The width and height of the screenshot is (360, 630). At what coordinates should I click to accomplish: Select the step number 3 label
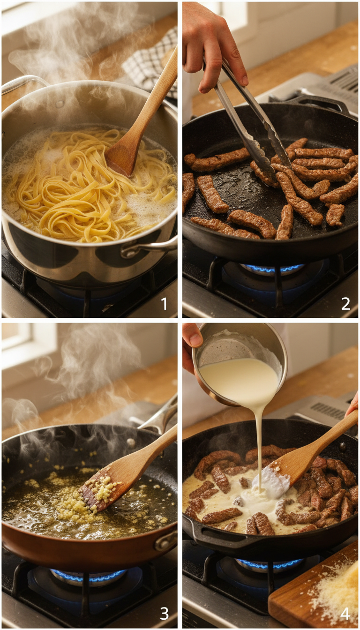[164, 613]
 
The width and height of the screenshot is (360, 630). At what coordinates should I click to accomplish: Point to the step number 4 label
[345, 613]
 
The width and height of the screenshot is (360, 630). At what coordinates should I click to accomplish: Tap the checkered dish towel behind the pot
[150, 66]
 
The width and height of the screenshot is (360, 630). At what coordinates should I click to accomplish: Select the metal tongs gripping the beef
[253, 122]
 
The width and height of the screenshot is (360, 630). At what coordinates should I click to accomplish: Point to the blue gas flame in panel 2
[272, 269]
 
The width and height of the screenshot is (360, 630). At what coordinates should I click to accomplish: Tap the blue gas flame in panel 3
[89, 574]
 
